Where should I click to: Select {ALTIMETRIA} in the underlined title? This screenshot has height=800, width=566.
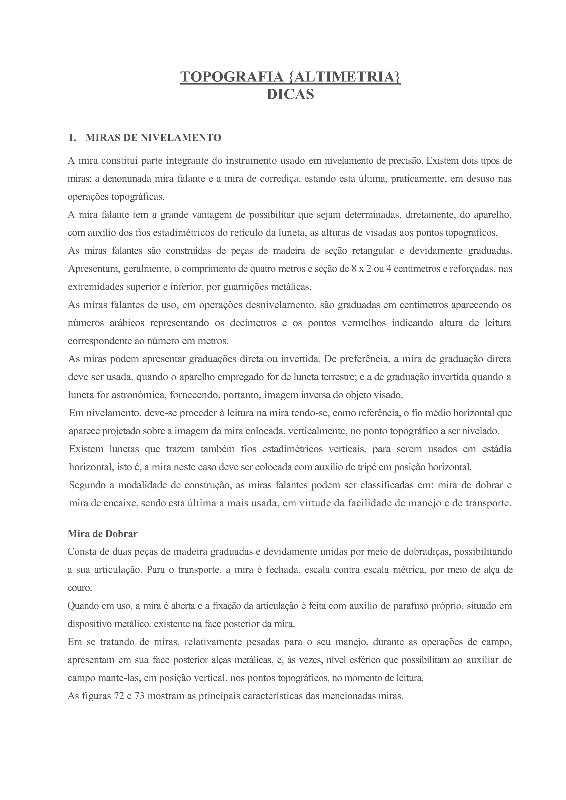coord(345,77)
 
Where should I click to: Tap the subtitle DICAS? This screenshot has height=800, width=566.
coord(290,94)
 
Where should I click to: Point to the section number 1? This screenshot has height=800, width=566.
coord(72,138)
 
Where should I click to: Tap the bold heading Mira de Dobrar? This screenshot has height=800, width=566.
coord(103,534)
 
